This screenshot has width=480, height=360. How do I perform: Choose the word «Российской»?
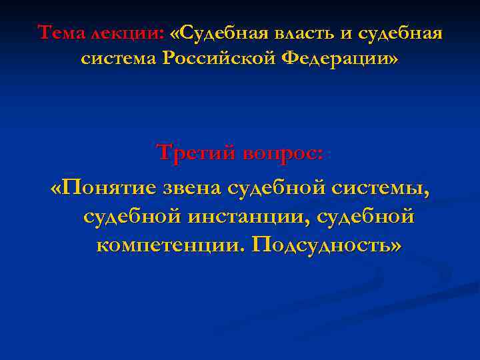pyautogui.click(x=219, y=59)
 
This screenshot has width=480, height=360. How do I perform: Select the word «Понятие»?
pyautogui.click(x=108, y=189)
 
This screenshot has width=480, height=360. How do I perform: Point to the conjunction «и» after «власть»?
pyautogui.click(x=347, y=32)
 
